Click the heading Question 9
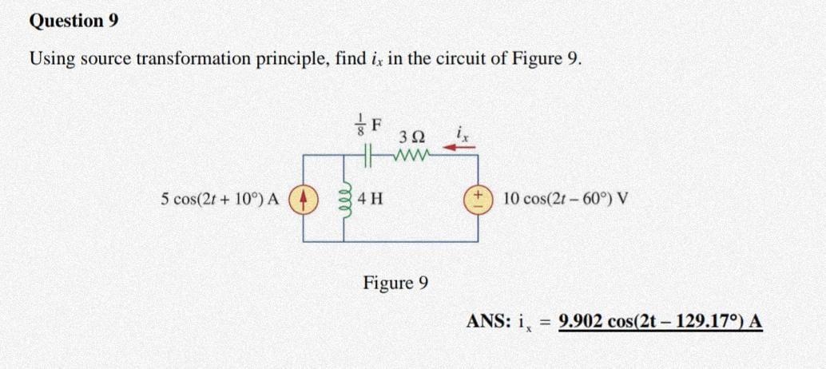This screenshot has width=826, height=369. [73, 21]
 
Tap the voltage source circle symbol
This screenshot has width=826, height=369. [479, 199]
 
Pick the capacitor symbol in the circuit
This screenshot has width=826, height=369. [368, 157]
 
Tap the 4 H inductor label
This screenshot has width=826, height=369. [369, 199]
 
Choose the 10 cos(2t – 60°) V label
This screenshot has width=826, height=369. [566, 199]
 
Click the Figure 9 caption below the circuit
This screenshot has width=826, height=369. [396, 282]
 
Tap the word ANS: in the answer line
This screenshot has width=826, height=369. [487, 321]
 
